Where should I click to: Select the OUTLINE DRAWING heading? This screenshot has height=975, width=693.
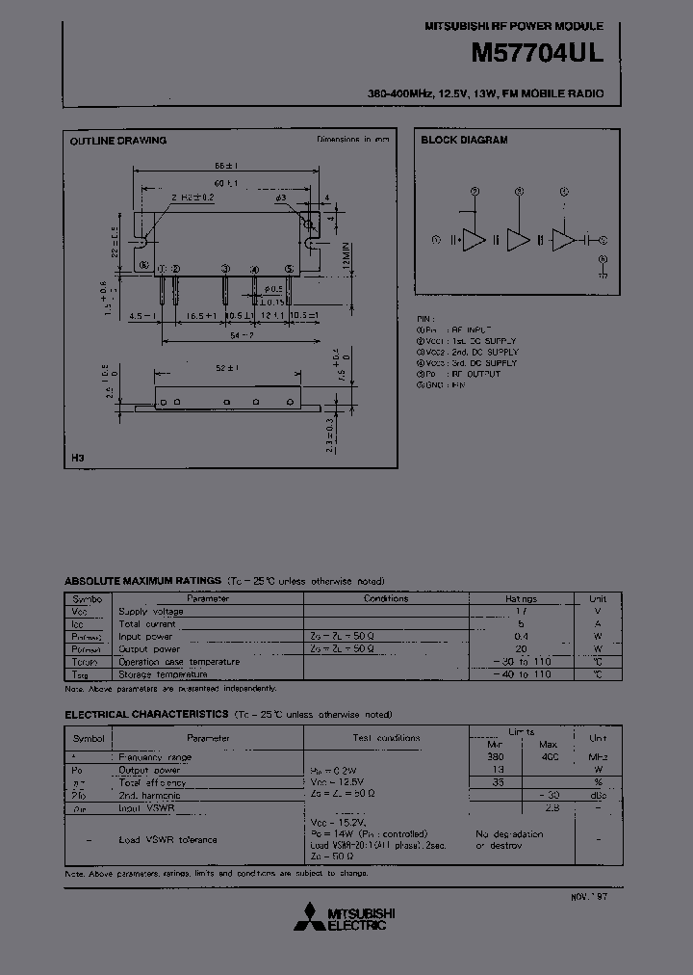pos(117,141)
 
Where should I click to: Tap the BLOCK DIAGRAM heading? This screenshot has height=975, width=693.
pos(464,141)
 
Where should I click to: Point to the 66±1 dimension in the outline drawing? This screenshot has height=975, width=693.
pos(226,166)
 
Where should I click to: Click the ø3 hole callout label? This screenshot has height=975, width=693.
pos(281,198)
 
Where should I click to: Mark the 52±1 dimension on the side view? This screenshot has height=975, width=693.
pos(227,368)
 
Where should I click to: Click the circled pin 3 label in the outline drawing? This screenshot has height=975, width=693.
pos(224,268)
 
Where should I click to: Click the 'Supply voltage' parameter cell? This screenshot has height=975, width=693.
pos(150,612)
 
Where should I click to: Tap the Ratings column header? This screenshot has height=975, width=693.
pos(521,598)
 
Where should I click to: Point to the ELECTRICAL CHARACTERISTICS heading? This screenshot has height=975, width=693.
pos(146,715)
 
